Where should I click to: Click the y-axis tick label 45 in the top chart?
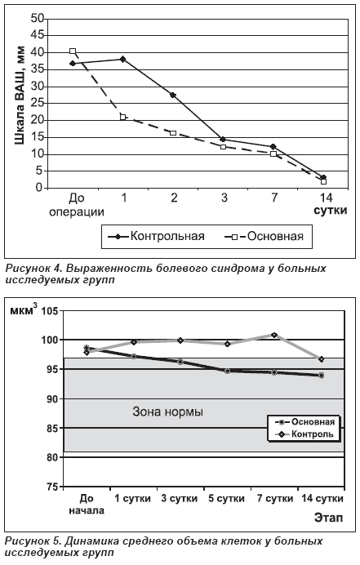37,35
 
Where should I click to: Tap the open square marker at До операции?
73,51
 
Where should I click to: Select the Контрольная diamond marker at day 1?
123,59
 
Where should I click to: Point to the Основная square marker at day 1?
123,117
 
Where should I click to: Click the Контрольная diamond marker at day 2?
173,96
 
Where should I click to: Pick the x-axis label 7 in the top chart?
274,198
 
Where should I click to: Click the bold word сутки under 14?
330,211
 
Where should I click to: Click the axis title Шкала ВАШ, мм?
20,96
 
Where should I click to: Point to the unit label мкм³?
23,310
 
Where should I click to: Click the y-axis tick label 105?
50,310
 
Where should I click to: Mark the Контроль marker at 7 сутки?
273,335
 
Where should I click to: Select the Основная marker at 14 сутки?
321,375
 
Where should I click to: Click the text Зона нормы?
168,412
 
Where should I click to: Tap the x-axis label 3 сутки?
179,498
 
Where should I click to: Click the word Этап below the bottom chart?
328,518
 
